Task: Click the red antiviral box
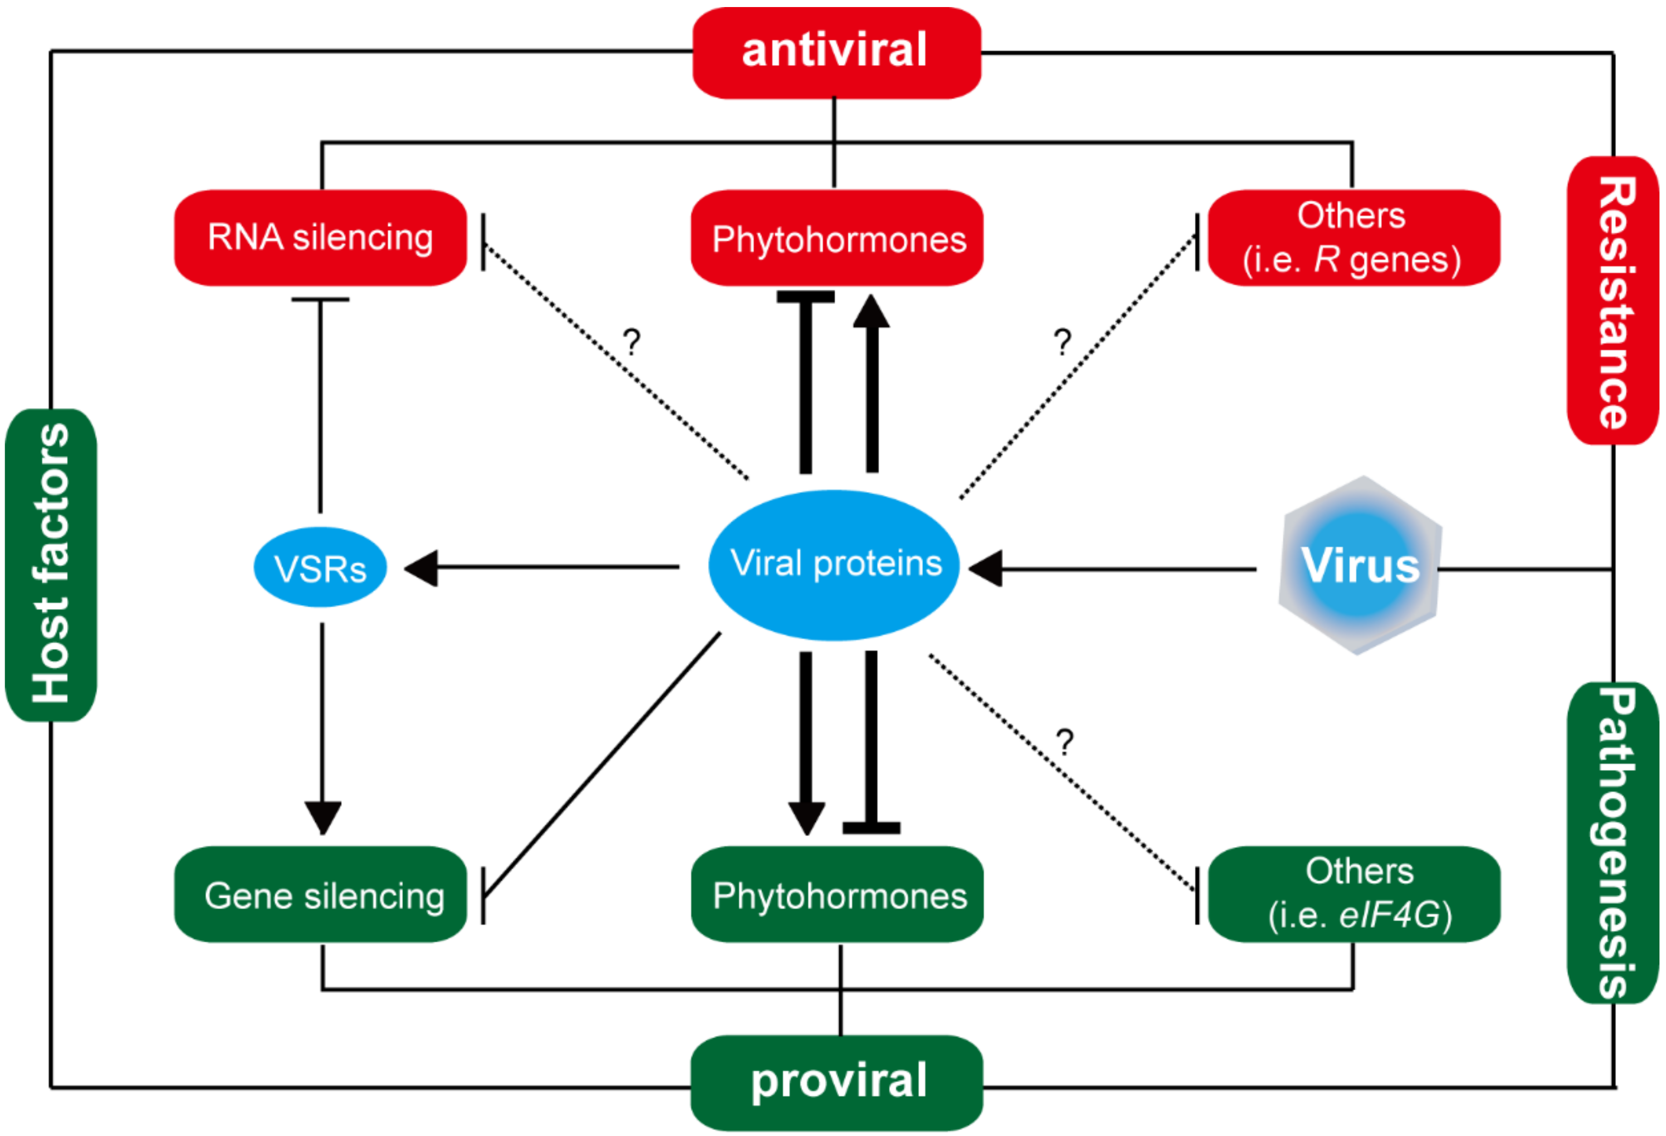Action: (x=836, y=52)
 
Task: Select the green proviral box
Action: (x=836, y=1082)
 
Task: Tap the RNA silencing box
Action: (x=320, y=237)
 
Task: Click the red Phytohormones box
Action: (x=836, y=237)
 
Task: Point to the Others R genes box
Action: (x=1353, y=237)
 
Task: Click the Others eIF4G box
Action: (x=1353, y=894)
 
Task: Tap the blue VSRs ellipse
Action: (x=320, y=567)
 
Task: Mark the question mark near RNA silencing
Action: (x=631, y=342)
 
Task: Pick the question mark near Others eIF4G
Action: (x=1065, y=742)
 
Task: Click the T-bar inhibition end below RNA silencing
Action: (x=320, y=300)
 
